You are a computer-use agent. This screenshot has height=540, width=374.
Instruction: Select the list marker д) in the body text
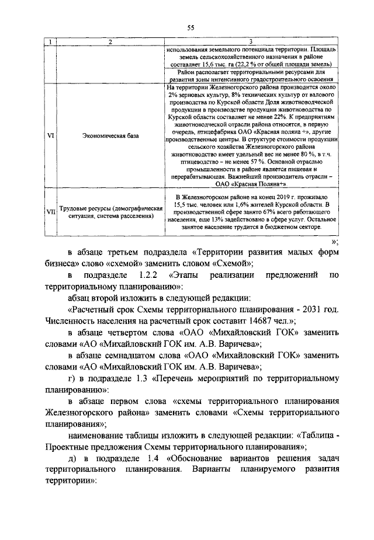click(72, 459)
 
